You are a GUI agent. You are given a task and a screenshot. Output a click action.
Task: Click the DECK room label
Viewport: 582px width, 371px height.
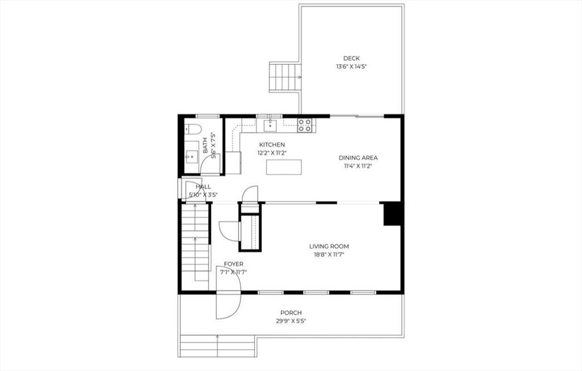tap(351, 58)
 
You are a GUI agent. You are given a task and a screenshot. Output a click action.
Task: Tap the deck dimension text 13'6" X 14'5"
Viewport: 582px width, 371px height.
tap(351, 66)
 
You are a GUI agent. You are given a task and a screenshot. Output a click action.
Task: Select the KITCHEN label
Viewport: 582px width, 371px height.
tap(272, 145)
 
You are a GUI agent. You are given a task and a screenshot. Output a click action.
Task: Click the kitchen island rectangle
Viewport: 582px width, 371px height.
tap(284, 167)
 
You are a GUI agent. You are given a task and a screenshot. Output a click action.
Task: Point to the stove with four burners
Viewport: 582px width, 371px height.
tap(305, 124)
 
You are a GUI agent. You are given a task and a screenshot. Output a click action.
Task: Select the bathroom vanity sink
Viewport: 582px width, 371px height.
tap(192, 153)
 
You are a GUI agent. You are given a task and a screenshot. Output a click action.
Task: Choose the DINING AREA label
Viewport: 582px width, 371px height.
tap(358, 158)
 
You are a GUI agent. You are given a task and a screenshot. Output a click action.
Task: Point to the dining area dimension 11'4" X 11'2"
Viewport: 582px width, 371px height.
tap(358, 166)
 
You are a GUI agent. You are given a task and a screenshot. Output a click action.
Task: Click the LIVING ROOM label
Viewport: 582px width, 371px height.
tap(329, 247)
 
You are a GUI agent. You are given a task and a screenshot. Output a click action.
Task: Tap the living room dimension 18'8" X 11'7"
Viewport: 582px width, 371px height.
tap(329, 255)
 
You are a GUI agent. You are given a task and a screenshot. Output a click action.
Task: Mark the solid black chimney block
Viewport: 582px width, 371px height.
tap(393, 214)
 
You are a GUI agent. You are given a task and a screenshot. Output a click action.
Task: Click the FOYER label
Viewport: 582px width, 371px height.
tap(234, 264)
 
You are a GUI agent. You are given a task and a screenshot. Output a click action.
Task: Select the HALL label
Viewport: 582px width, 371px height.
tap(203, 186)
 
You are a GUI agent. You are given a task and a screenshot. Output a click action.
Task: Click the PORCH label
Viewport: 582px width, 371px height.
tap(291, 313)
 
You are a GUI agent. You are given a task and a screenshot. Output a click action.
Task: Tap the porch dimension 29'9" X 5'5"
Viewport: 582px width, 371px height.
tap(291, 321)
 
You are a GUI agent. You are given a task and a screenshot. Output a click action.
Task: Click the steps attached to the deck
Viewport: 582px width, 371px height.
tap(284, 77)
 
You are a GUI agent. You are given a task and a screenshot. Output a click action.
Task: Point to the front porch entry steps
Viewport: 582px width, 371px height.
tap(217, 346)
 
